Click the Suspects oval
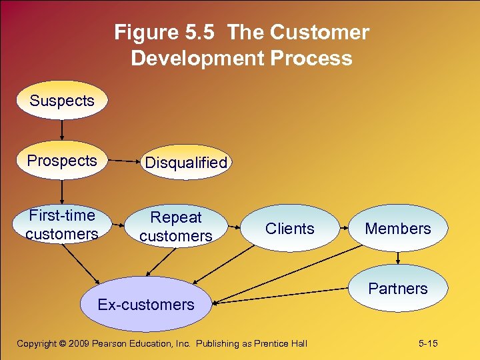pyautogui.click(x=62, y=101)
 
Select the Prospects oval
pyautogui.click(x=62, y=161)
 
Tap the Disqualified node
pyautogui.click(x=186, y=163)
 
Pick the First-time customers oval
pyautogui.click(x=62, y=225)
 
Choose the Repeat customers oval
pyautogui.click(x=176, y=226)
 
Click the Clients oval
pyautogui.click(x=289, y=229)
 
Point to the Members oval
pyautogui.click(x=398, y=229)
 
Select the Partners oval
pyautogui.click(x=398, y=289)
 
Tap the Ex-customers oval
pyautogui.click(x=146, y=305)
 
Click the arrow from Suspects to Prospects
pyautogui.click(x=62, y=130)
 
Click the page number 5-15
pyautogui.click(x=428, y=343)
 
